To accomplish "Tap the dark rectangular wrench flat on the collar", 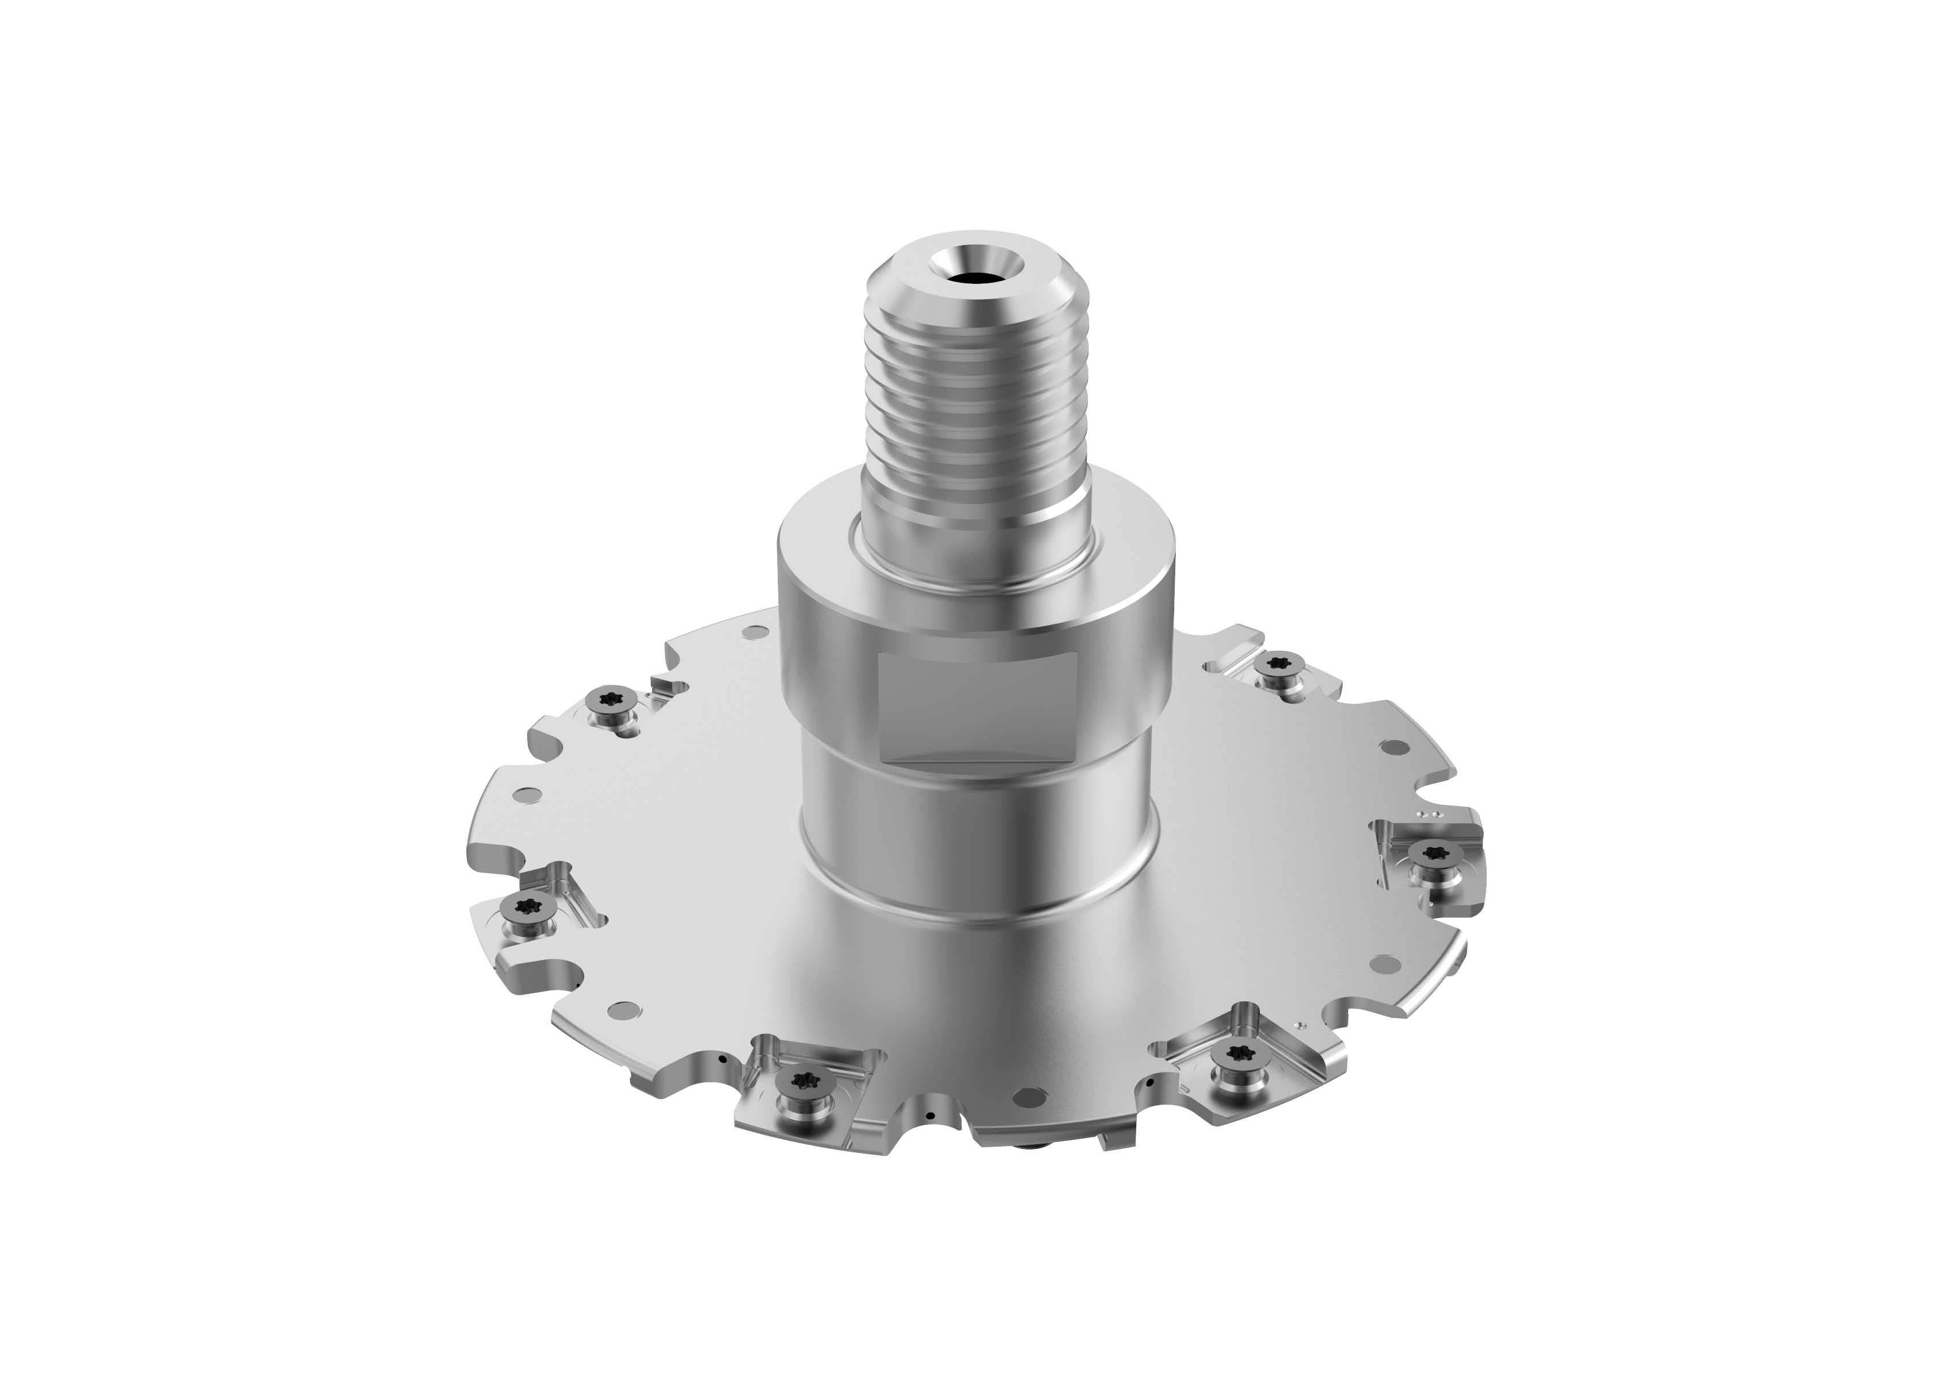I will (979, 707).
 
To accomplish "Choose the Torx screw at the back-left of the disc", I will (611, 699).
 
